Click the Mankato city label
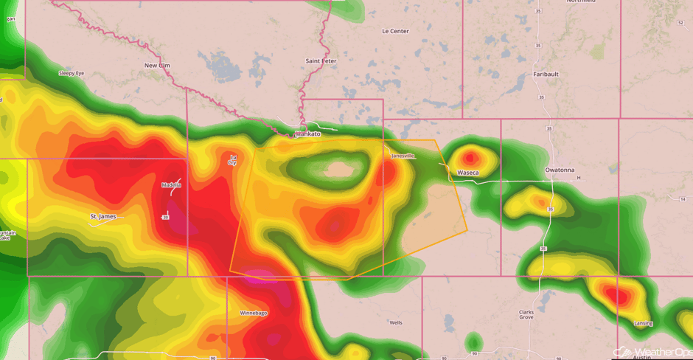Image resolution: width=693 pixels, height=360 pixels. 308,134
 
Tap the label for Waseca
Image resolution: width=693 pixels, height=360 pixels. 468,173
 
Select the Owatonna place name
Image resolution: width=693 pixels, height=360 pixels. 560,170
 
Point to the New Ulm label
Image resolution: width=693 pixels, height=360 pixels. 157,66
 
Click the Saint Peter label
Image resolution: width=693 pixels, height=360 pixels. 321,60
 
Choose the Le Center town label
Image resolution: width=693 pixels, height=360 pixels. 395,31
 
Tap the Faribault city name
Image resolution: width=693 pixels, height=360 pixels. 546,75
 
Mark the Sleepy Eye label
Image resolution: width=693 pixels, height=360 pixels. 72,73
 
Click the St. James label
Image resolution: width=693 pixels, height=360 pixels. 102,216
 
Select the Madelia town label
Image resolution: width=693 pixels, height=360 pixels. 171,184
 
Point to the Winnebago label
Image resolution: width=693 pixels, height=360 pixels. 254,313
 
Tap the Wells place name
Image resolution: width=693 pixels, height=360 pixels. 396,322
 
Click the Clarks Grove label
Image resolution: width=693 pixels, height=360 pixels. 526,314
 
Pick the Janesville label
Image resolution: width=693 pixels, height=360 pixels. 403,156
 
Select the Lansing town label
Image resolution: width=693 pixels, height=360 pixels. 644,323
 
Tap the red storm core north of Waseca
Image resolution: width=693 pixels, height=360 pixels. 470,157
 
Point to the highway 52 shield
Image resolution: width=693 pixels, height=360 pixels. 680,23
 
